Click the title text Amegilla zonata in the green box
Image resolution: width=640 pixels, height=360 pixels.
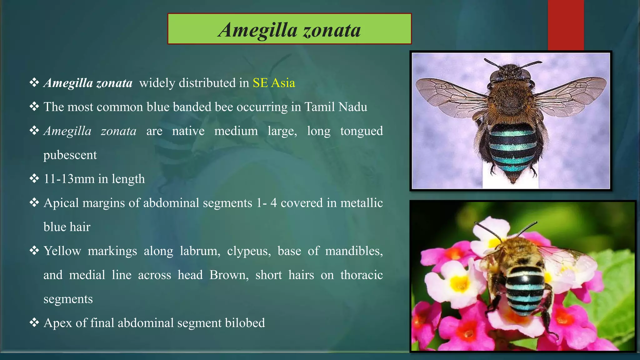[289, 30]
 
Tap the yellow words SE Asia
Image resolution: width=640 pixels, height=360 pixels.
[274, 83]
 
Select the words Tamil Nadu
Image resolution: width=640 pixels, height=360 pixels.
[336, 107]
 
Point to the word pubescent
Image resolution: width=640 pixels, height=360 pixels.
[70, 155]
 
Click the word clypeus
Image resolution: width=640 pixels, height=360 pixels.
[249, 251]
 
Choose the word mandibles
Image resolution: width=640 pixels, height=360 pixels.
[354, 251]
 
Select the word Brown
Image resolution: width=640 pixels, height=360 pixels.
[229, 275]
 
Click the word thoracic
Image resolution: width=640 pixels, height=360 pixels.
[361, 275]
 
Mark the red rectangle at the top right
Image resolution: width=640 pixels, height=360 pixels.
[566, 25]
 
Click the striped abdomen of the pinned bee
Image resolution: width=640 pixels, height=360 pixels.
[512, 150]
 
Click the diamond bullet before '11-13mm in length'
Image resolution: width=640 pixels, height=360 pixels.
[34, 178]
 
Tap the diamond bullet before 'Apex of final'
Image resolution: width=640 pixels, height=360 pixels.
[34, 322]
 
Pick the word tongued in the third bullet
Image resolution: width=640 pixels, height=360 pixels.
[361, 131]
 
